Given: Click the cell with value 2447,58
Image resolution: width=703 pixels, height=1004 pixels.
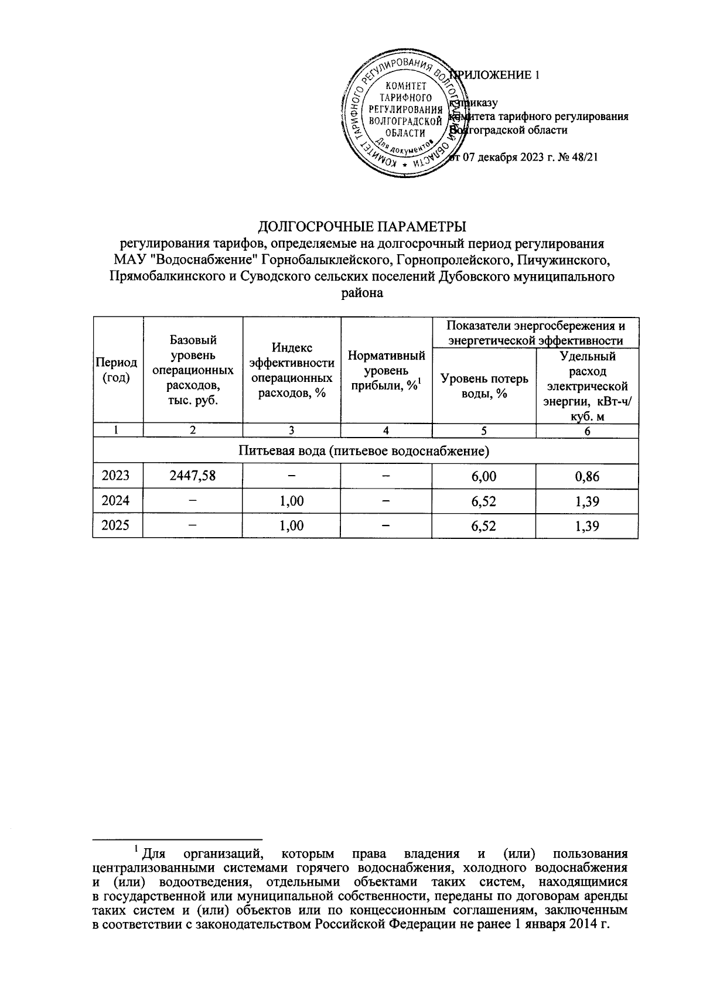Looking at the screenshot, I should coord(192,476).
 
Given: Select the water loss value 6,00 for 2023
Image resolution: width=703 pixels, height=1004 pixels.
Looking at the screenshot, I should coord(484,476).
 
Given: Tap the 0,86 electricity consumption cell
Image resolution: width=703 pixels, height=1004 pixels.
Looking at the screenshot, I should coord(587,476).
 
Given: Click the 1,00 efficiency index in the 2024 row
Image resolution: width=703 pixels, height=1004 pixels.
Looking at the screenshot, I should coord(291,501).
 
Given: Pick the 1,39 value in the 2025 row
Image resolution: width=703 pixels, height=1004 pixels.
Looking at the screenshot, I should coord(587,525).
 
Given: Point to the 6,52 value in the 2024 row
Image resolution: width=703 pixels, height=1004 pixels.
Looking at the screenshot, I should coord(484,501).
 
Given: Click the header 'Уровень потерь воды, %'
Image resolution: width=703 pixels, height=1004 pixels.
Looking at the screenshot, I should coord(484,386).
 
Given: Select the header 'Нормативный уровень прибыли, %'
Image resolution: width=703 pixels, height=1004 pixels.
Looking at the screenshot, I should coord(386,370).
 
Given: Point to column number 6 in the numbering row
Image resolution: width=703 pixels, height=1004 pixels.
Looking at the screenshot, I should coord(587,431).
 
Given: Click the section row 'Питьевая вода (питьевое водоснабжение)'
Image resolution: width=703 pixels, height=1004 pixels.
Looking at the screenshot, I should coord(365,451).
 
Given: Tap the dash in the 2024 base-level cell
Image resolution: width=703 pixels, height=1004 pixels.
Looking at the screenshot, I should coord(192,501).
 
